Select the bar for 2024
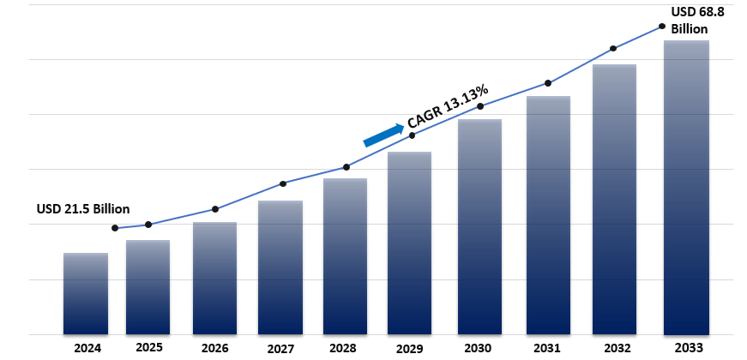pyautogui.click(x=86, y=293)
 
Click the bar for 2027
pyautogui.click(x=280, y=267)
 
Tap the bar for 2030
pyautogui.click(x=479, y=226)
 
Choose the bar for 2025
pyautogui.click(x=148, y=287)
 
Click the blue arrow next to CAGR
pyautogui.click(x=383, y=135)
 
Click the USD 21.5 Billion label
pyautogui.click(x=82, y=209)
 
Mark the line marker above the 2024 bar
pyautogui.click(x=115, y=228)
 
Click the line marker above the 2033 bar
pyautogui.click(x=662, y=27)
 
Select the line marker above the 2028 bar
pyautogui.click(x=346, y=166)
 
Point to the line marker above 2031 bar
pyautogui.click(x=547, y=83)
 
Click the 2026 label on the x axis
pyautogui.click(x=214, y=348)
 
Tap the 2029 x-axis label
pyautogui.click(x=411, y=348)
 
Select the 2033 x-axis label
pyautogui.click(x=688, y=348)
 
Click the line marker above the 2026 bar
pyautogui.click(x=215, y=209)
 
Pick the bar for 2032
pyautogui.click(x=614, y=199)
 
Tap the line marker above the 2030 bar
pyautogui.click(x=480, y=106)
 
